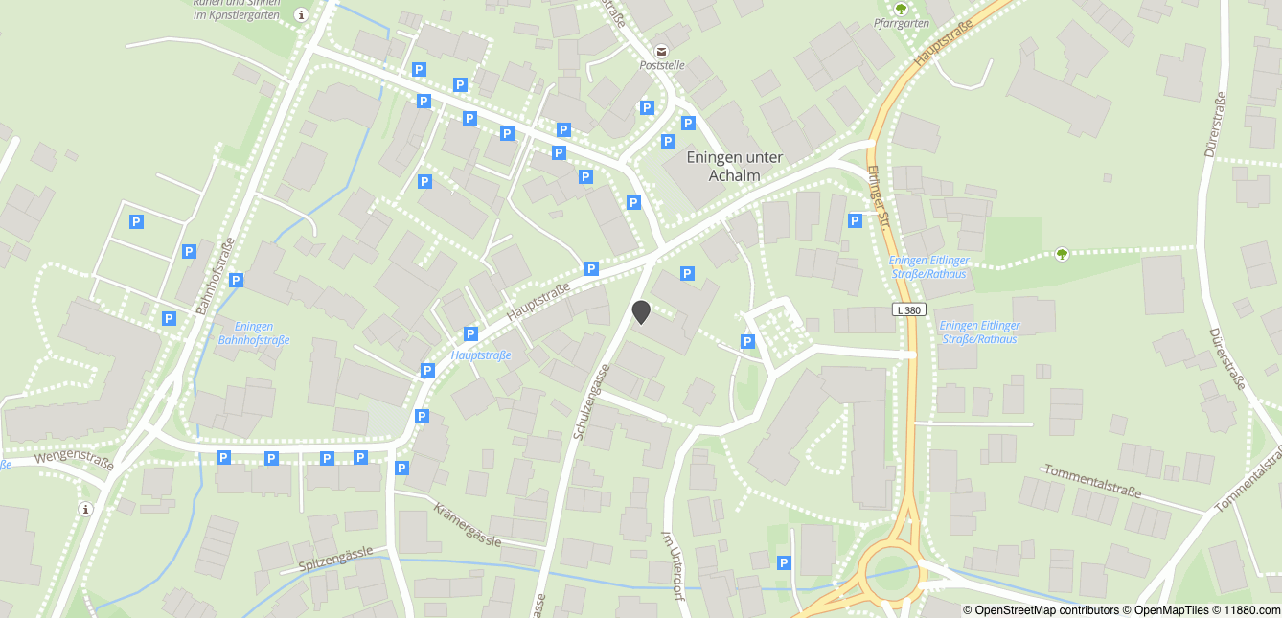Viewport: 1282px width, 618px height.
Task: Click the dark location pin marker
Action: (641, 311)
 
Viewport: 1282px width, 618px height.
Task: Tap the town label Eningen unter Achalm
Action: (735, 166)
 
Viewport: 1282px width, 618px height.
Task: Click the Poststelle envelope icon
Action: (661, 50)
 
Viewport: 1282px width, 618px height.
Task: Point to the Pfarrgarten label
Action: (902, 23)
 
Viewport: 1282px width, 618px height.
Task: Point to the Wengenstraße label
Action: (75, 462)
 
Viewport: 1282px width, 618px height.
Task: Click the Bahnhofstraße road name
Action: (215, 278)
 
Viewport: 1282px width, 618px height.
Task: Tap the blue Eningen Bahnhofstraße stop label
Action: (254, 332)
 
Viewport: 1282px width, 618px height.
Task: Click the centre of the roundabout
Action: (892, 573)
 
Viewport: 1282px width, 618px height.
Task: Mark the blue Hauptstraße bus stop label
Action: (480, 355)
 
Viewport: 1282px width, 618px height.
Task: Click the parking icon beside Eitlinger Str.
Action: (855, 221)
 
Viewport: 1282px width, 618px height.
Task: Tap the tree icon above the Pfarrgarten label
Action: (900, 8)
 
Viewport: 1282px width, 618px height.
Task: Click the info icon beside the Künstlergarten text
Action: (302, 14)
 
